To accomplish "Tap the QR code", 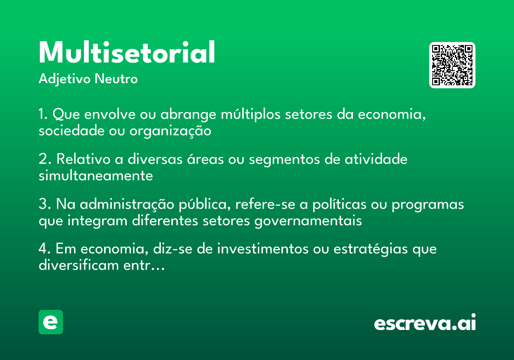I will point(452,65).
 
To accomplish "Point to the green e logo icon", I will point(51,322).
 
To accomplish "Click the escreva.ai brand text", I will point(425,323).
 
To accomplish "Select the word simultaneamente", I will point(96,176).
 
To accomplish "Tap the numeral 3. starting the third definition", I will point(44,204).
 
